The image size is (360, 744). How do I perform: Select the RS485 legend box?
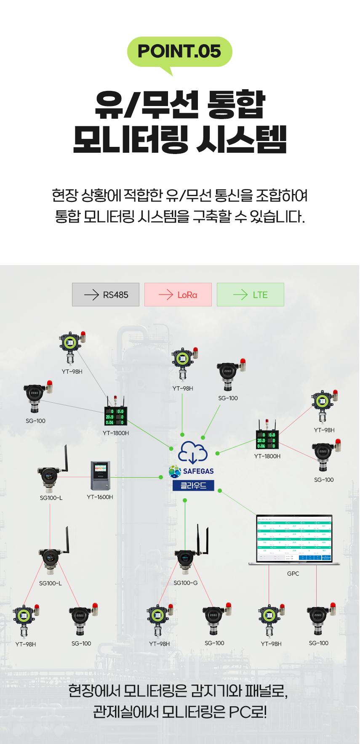[x=106, y=295]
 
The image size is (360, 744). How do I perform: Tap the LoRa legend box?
[x=178, y=295]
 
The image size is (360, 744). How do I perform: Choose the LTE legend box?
[x=251, y=295]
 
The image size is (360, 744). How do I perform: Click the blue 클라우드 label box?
[x=193, y=485]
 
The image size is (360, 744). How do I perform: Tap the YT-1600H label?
[x=100, y=497]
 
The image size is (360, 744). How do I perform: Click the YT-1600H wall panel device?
[x=101, y=476]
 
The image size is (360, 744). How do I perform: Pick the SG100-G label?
[x=186, y=583]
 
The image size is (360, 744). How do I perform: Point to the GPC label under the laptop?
[x=293, y=574]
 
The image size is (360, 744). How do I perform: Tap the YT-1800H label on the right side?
[x=267, y=456]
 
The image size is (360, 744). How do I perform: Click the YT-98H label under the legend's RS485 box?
[x=72, y=372]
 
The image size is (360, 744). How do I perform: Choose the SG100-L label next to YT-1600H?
[x=51, y=498]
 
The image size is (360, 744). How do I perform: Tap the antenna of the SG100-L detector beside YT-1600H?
[x=66, y=459]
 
